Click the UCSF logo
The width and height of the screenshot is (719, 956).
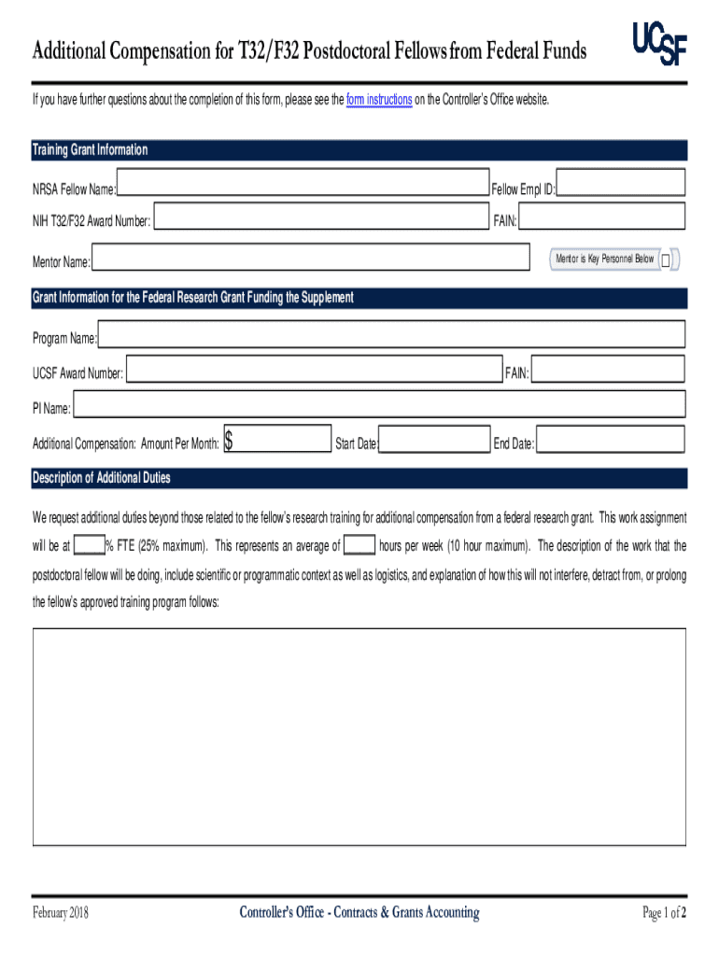[x=659, y=44]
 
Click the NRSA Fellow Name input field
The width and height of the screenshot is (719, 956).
[x=303, y=184]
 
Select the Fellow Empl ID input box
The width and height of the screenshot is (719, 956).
[x=621, y=183]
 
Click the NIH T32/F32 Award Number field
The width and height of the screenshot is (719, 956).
[x=320, y=218]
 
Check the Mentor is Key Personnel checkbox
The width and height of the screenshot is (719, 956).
[x=666, y=260]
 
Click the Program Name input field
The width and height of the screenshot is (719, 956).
[x=392, y=334]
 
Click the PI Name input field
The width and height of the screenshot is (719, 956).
[x=379, y=404]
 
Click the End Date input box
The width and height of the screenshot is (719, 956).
[x=611, y=440]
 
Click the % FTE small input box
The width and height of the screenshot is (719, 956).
[x=89, y=545]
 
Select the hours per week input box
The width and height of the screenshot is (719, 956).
[x=359, y=545]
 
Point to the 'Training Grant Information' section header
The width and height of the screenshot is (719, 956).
[x=90, y=150]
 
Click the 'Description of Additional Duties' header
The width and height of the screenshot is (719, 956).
[x=102, y=478]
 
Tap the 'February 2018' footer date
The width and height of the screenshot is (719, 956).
[x=61, y=912]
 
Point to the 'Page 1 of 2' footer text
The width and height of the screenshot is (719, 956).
[x=665, y=912]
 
